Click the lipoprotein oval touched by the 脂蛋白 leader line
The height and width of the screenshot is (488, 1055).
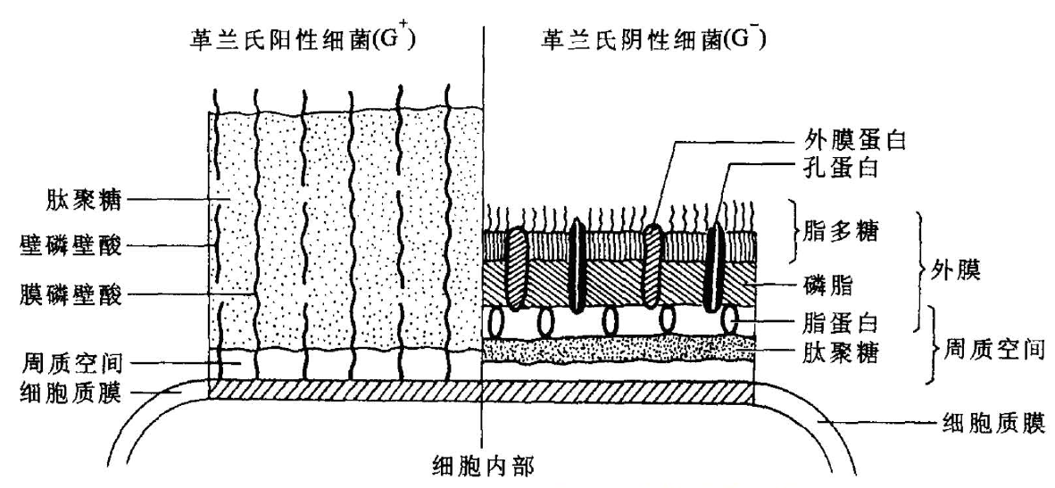coord(729,319)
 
